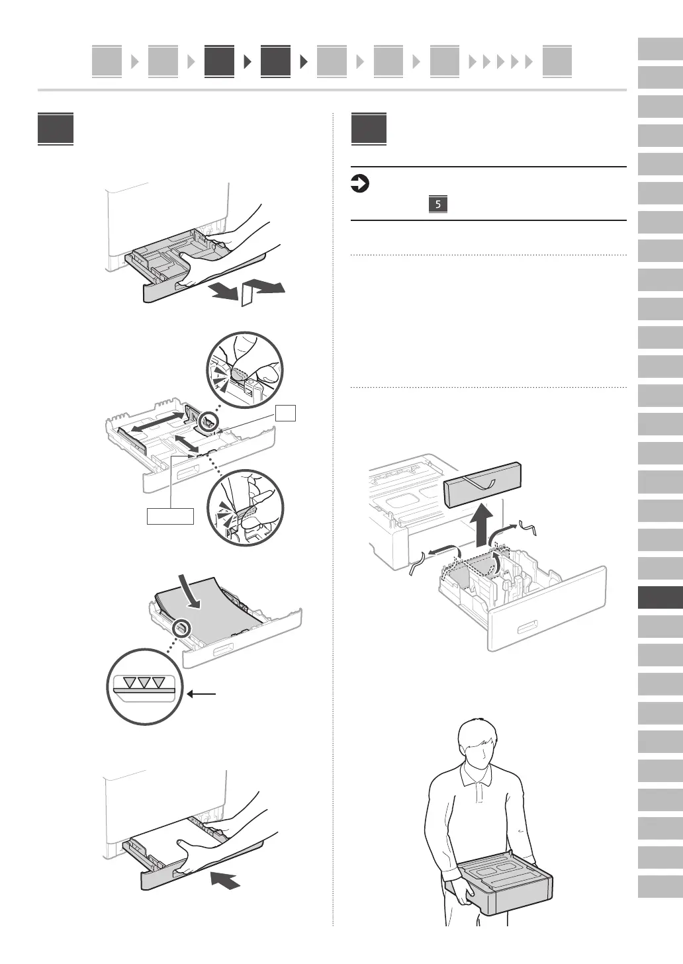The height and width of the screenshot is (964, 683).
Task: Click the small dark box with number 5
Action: point(438,204)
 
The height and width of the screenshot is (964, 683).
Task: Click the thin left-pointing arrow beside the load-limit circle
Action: point(202,694)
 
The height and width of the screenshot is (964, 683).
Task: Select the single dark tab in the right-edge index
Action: point(660,598)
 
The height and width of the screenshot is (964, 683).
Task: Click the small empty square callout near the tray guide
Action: point(286,414)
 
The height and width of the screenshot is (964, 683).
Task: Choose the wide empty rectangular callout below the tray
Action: point(171,516)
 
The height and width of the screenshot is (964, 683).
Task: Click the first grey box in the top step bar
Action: point(107,62)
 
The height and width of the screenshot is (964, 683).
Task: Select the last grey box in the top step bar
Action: point(557,62)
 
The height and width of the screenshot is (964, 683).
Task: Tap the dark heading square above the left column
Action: point(56,129)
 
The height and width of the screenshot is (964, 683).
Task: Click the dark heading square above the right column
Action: point(369,129)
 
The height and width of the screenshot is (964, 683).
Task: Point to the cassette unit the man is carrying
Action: point(503,887)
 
